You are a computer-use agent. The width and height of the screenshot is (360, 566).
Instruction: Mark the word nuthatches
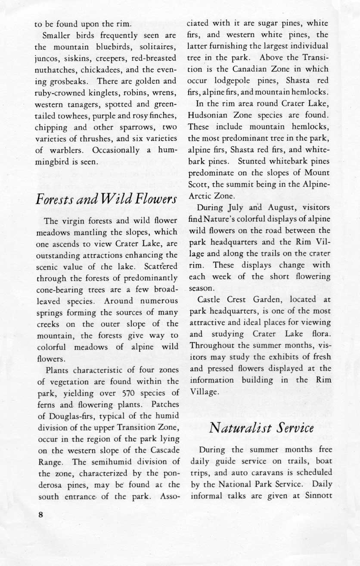pos(54,68)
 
